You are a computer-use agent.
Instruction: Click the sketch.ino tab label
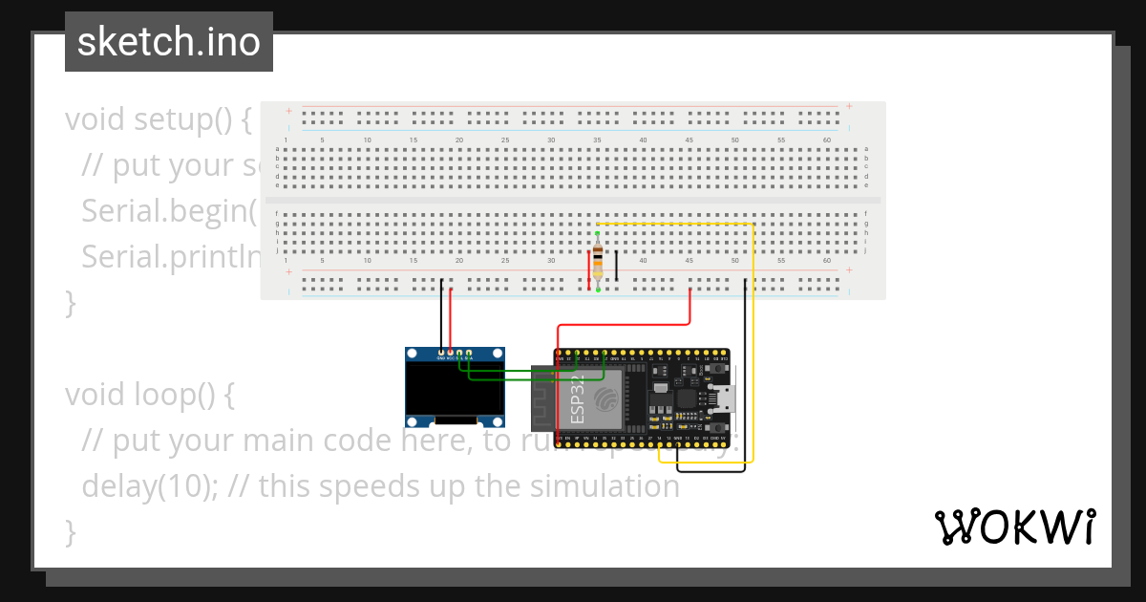point(168,42)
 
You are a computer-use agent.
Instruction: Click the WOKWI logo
point(1014,527)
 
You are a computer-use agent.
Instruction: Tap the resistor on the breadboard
point(598,261)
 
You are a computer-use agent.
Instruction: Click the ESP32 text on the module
point(577,399)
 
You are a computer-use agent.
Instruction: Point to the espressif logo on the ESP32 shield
point(607,398)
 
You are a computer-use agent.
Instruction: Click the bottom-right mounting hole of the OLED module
point(496,420)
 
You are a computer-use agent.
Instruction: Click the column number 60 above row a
point(827,140)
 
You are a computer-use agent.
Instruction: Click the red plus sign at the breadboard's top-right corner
point(849,106)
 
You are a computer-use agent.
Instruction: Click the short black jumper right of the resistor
point(616,266)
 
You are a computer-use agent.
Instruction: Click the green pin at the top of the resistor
point(598,233)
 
